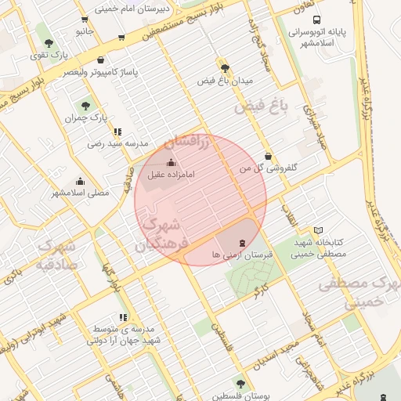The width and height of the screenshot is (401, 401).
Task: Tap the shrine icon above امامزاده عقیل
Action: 172,162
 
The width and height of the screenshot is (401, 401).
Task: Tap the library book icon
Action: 318,230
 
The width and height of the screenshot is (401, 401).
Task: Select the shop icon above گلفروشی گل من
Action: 269,155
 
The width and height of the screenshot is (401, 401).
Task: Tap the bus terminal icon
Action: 316,20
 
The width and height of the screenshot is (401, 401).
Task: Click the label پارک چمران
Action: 86,117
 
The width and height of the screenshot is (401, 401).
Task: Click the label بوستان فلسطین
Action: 240,396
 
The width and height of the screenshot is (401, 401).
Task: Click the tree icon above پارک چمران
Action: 85,104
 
